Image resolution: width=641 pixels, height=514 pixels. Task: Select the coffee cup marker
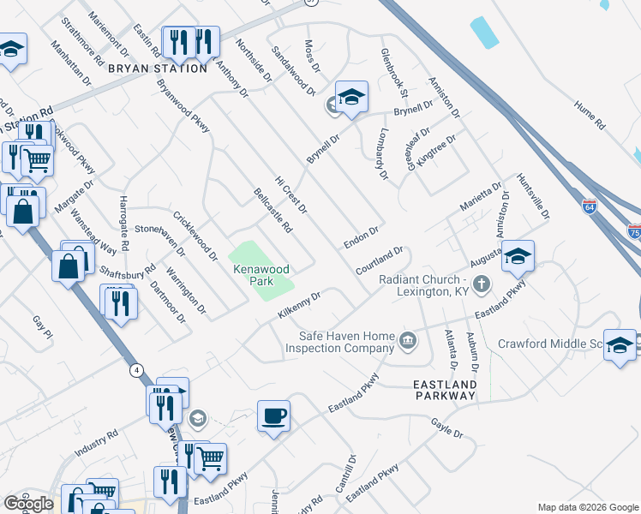click(273, 416)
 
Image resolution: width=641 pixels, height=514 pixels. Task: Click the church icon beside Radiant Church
click(482, 284)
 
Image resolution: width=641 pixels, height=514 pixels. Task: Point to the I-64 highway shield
click(588, 206)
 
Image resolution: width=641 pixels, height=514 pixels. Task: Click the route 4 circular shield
click(136, 370)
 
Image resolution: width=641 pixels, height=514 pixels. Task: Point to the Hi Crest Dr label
click(291, 196)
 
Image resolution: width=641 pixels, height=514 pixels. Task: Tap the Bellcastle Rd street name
click(273, 211)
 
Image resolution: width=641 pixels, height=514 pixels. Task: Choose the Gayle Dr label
click(446, 427)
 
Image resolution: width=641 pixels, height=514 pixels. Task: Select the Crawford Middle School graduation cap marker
click(620, 344)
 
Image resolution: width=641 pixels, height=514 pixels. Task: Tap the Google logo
click(28, 504)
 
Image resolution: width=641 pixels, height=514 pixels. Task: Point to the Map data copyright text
click(587, 507)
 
